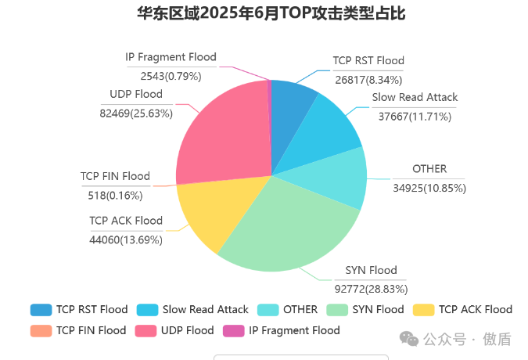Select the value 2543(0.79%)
(171, 76)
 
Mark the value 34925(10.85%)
(429, 188)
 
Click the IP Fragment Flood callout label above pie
(171, 58)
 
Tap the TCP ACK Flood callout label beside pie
(126, 221)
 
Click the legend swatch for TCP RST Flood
(41, 310)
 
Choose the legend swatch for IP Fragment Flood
(233, 330)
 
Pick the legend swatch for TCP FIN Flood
(41, 330)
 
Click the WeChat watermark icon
(408, 338)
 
